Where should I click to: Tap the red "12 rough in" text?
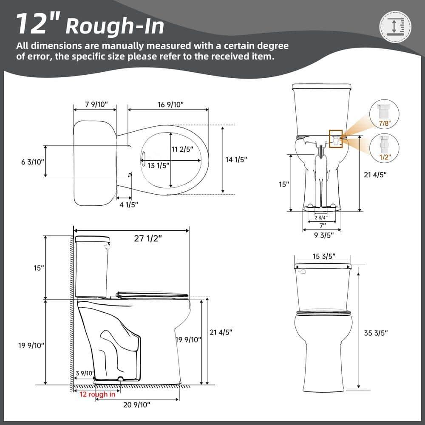pos(97,394)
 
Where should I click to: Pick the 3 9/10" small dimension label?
pos(84,373)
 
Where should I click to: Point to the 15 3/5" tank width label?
pos(323,256)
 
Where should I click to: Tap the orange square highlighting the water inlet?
pos(335,139)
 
